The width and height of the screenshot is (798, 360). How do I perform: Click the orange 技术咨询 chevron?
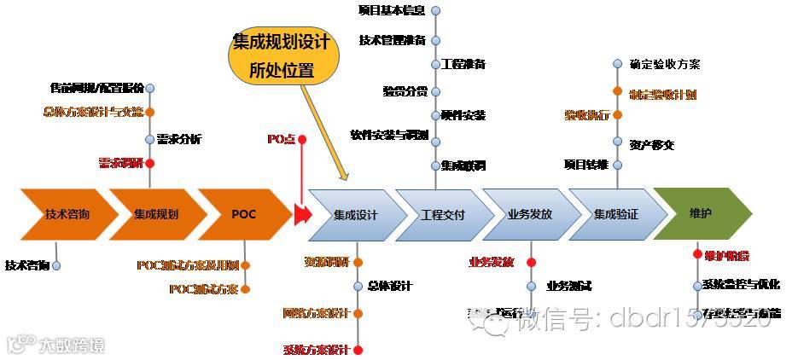pyautogui.click(x=67, y=213)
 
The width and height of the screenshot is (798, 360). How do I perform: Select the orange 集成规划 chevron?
pyautogui.click(x=155, y=213)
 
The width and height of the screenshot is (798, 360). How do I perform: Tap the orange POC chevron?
pyautogui.click(x=243, y=213)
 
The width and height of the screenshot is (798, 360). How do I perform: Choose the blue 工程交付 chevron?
pyautogui.click(x=443, y=214)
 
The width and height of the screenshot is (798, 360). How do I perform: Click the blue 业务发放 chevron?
pyautogui.click(x=529, y=214)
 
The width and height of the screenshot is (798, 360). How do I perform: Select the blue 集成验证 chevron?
pyautogui.click(x=616, y=214)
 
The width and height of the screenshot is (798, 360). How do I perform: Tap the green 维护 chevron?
pyautogui.click(x=702, y=213)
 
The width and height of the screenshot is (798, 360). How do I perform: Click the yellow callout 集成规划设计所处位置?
pyautogui.click(x=283, y=55)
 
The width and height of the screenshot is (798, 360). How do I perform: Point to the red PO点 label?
pyautogui.click(x=281, y=138)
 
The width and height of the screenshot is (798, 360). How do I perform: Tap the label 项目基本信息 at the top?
pyautogui.click(x=392, y=10)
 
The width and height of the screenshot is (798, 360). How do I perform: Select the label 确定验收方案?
pyautogui.click(x=665, y=64)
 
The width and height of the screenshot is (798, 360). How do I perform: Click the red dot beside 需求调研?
pyautogui.click(x=150, y=162)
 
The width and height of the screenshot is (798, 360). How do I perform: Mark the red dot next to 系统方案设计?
pyautogui.click(x=358, y=350)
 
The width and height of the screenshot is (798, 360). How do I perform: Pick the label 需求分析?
pyautogui.click(x=179, y=138)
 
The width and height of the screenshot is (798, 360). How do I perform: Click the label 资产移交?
pyautogui.click(x=652, y=144)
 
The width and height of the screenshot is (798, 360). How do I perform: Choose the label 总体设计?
pyautogui.click(x=390, y=286)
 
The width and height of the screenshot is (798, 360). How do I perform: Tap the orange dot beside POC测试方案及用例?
pyautogui.click(x=246, y=265)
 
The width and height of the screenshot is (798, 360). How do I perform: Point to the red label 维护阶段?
pyautogui.click(x=726, y=255)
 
